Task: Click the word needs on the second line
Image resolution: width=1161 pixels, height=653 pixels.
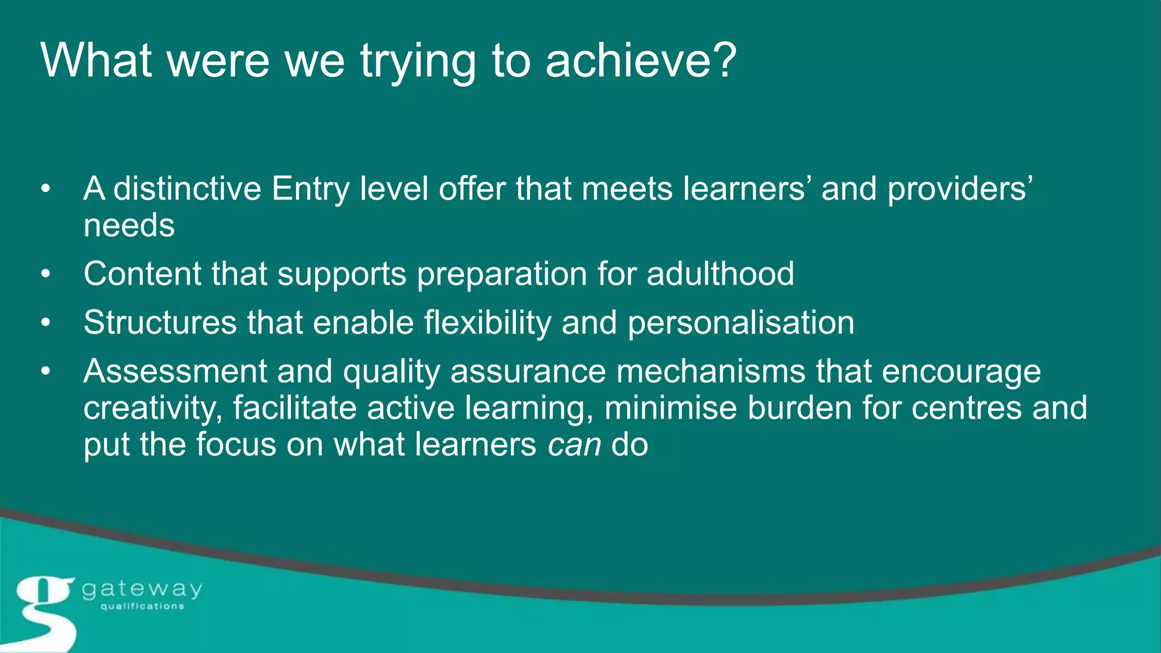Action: (x=129, y=226)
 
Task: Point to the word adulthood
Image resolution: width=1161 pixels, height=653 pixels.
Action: (x=721, y=274)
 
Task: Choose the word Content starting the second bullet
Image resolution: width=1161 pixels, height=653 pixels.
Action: (x=142, y=274)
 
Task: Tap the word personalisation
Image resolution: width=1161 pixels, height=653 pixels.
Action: (x=741, y=323)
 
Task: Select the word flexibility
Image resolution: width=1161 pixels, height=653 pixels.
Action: (x=488, y=323)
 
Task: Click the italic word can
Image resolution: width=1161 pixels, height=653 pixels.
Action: (x=574, y=444)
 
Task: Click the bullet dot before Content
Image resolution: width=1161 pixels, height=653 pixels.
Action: (x=46, y=274)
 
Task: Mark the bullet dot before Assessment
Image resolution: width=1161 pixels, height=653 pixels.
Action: (x=46, y=372)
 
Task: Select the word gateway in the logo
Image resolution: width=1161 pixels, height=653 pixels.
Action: (x=142, y=590)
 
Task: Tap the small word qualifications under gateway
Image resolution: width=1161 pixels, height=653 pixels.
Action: (x=142, y=607)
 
